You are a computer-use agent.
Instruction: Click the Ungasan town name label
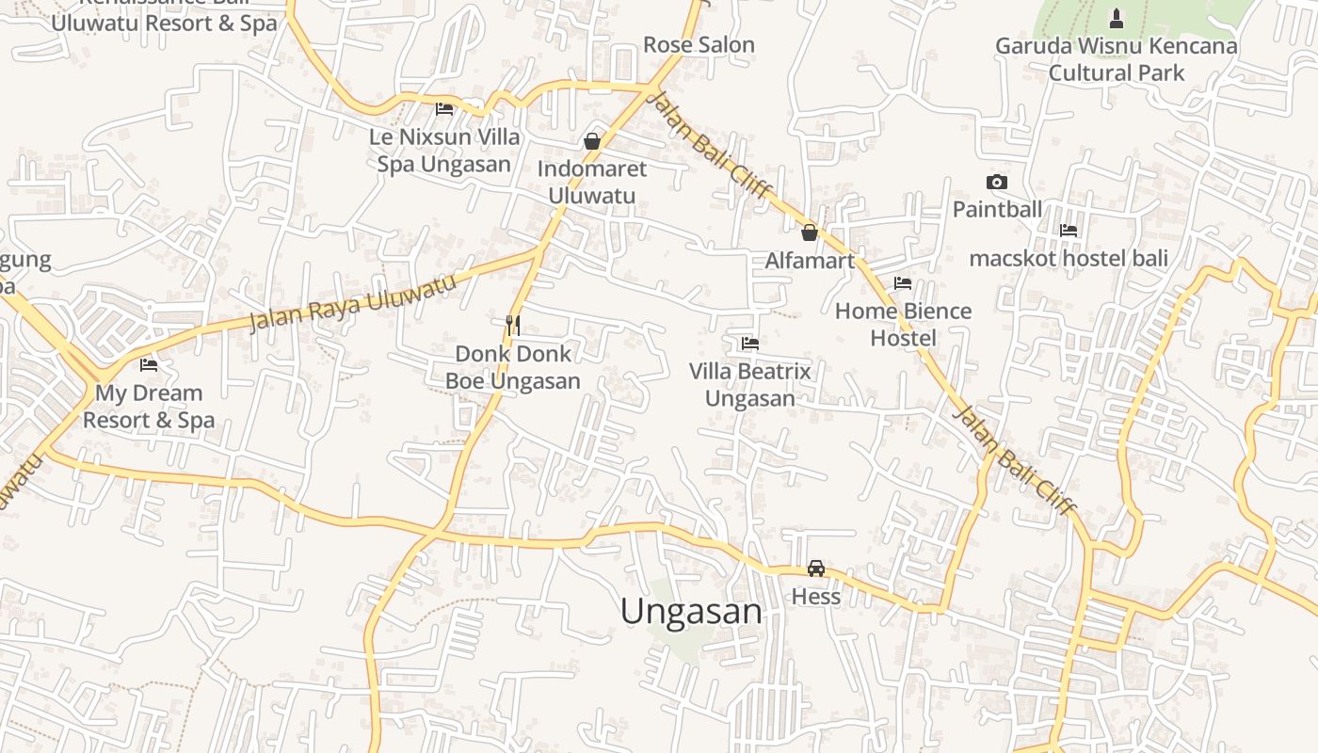(691, 612)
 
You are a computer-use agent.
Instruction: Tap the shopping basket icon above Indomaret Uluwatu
(592, 141)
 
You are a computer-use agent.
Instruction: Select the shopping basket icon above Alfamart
(810, 232)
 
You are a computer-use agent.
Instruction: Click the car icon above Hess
(816, 569)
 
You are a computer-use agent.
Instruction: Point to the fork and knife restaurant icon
(513, 326)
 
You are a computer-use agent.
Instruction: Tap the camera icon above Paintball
(997, 182)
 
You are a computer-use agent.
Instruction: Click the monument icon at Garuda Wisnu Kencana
(1117, 18)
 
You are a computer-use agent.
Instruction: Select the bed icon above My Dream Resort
(149, 365)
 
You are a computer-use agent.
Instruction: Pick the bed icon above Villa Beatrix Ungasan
(750, 344)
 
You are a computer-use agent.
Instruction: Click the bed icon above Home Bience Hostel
(903, 282)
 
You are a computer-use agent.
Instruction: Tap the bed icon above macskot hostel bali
(1069, 230)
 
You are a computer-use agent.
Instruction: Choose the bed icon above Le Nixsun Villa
(444, 109)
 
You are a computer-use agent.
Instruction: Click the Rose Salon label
(699, 44)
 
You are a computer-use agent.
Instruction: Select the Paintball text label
(997, 209)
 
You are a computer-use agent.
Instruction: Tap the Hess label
(816, 597)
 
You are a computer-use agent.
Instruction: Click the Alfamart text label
(810, 261)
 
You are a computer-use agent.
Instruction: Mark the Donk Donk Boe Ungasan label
(513, 367)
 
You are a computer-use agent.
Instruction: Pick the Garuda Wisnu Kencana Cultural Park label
(1117, 58)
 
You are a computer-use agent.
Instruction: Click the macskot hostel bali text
(1069, 258)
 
